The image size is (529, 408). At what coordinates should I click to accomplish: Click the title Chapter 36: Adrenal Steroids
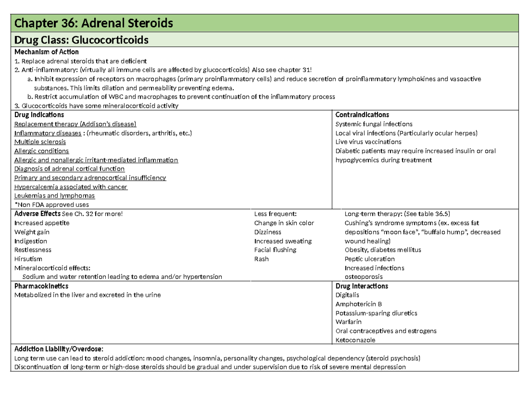[93, 22]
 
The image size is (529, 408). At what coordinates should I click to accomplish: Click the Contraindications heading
[362, 115]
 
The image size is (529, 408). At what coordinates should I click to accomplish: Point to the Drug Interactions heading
[361, 286]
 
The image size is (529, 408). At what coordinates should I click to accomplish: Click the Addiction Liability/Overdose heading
[59, 349]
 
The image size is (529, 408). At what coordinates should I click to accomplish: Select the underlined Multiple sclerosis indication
[40, 142]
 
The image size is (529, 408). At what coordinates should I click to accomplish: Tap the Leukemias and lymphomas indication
[54, 196]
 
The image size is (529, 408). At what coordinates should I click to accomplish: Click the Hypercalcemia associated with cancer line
[71, 187]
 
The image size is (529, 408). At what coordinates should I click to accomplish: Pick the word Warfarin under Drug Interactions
[348, 322]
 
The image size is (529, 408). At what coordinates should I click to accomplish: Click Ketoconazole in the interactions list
[356, 340]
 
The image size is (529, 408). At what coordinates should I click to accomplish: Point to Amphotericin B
[358, 304]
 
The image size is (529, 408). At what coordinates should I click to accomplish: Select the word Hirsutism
[28, 259]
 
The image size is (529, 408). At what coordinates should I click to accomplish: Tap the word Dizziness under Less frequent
[268, 232]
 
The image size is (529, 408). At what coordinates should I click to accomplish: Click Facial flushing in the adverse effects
[275, 250]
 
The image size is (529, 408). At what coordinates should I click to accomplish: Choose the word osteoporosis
[364, 277]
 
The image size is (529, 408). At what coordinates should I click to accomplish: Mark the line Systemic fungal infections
[374, 124]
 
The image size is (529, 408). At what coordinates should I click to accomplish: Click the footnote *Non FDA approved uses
[52, 205]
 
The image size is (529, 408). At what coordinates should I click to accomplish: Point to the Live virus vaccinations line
[368, 142]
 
